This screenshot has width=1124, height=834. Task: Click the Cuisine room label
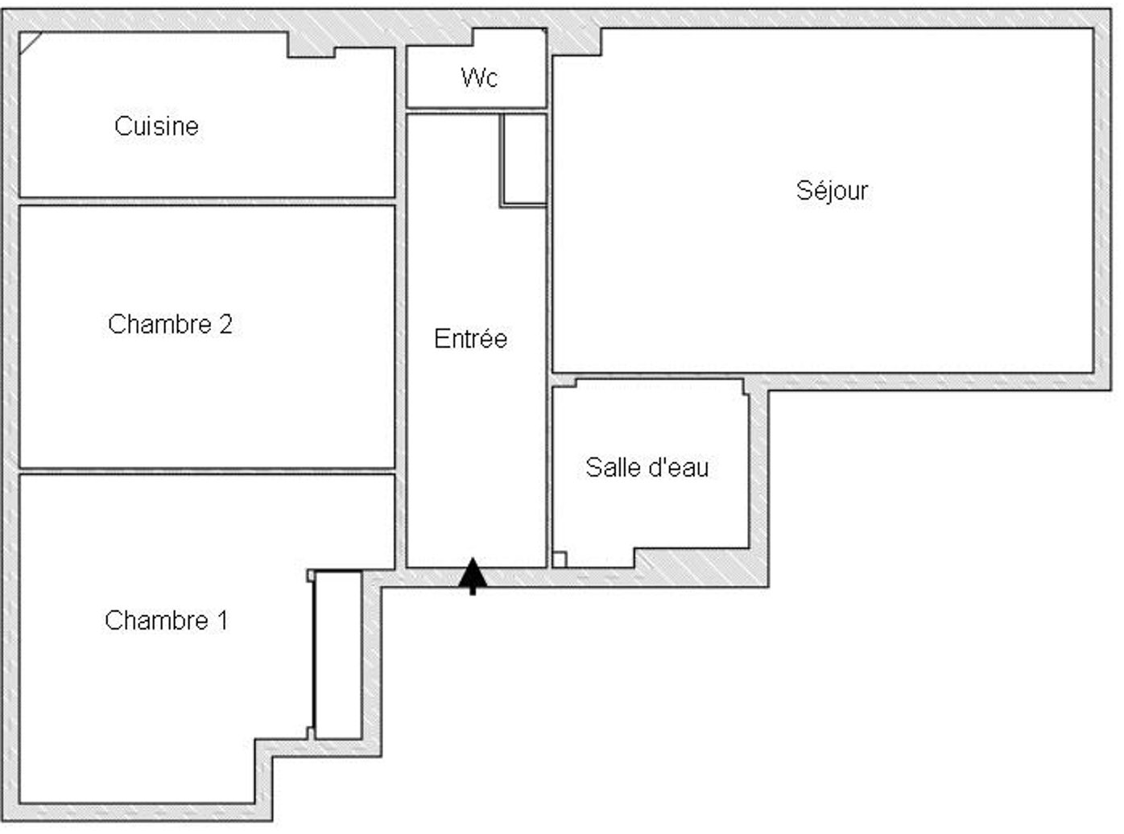coord(156,126)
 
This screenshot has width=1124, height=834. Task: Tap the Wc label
coord(479,77)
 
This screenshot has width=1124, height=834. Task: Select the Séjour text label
coord(832,192)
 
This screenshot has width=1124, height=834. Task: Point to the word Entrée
coord(470,338)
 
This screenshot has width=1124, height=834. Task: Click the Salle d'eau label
coord(647,467)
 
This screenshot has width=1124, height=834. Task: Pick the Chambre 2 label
coord(170,324)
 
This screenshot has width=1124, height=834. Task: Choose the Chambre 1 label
coord(166,621)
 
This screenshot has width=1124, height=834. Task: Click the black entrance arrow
coord(473,576)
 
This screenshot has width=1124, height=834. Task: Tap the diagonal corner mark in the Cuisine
coord(31,43)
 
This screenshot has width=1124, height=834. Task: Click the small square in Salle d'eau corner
coord(559,559)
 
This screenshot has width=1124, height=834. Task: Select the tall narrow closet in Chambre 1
coord(337,655)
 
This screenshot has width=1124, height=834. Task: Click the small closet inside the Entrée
coord(524,160)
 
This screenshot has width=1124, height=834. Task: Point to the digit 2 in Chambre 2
coord(225,324)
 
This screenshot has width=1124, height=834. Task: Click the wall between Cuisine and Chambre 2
coord(207,202)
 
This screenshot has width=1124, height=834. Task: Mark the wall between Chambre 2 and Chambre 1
coord(207,471)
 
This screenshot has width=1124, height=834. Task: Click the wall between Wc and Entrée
coord(477,111)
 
